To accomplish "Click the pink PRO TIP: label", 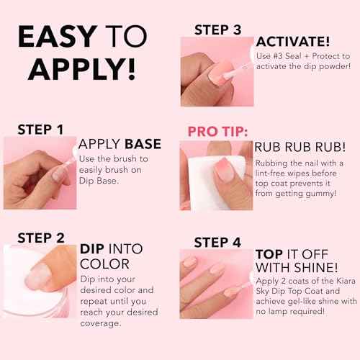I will coord(217,132).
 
